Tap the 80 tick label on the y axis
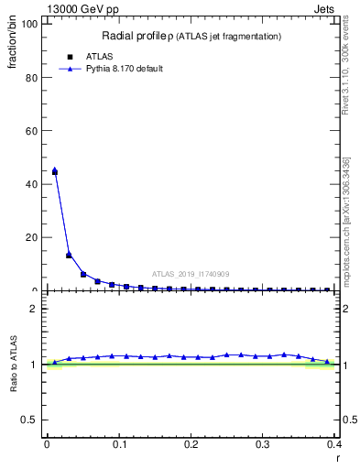click(31, 78)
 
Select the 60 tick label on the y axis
click(31, 131)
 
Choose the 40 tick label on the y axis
click(31, 184)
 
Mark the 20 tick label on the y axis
click(31, 237)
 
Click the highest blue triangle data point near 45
click(55, 169)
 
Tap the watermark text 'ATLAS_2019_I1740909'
click(191, 274)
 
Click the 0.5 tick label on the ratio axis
click(29, 420)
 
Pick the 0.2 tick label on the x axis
click(191, 444)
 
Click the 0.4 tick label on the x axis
click(334, 444)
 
